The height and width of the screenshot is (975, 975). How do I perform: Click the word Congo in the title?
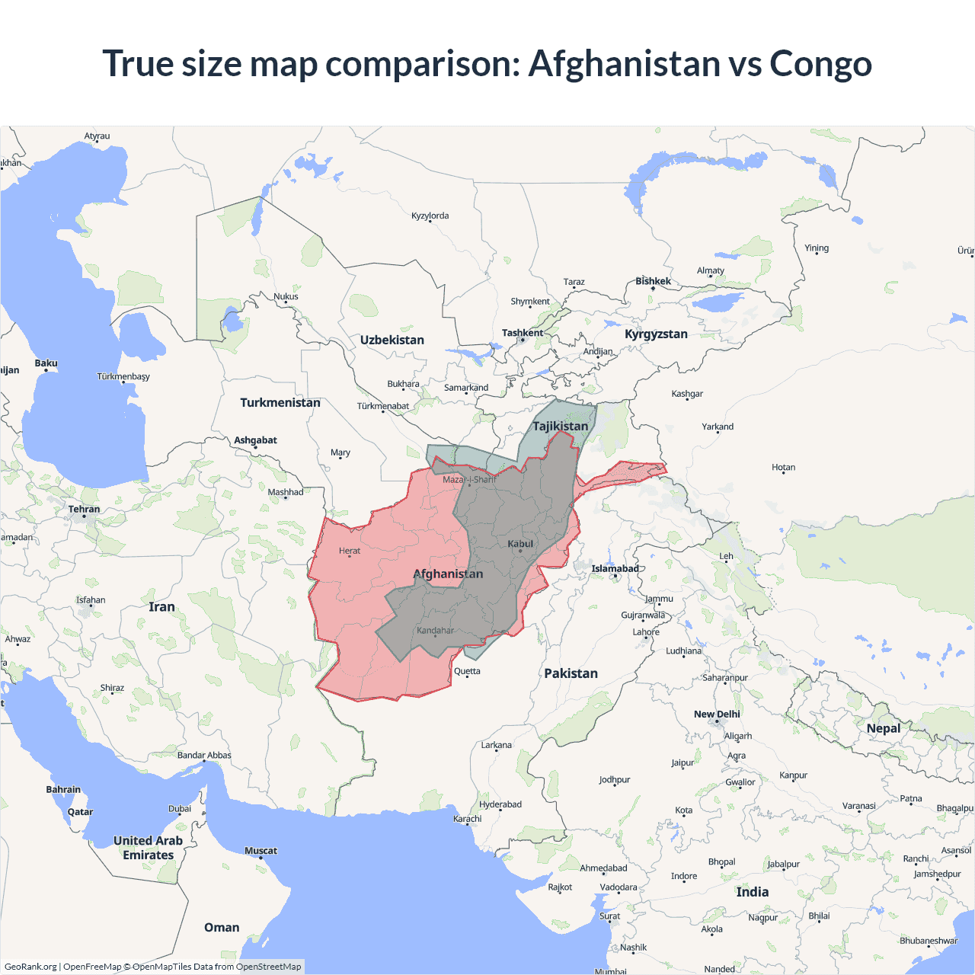[x=820, y=64]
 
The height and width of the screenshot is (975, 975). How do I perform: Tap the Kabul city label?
[x=520, y=544]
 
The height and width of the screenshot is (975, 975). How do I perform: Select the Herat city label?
[x=350, y=551]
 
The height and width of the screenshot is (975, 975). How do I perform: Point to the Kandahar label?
[x=435, y=631]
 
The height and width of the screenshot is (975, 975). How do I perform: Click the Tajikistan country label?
[x=560, y=427]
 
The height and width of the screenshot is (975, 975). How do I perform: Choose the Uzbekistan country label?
[x=392, y=340]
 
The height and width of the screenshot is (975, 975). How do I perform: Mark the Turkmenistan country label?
[x=280, y=403]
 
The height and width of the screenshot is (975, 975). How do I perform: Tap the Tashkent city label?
[x=523, y=333]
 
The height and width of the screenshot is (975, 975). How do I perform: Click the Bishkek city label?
[x=653, y=281]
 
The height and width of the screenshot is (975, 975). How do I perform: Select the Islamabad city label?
[x=615, y=568]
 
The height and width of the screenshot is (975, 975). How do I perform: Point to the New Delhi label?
[x=717, y=714]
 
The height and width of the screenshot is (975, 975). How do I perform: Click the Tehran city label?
[x=84, y=510]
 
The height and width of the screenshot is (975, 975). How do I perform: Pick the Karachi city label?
[x=468, y=819]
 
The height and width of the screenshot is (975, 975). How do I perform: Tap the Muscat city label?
[x=261, y=851]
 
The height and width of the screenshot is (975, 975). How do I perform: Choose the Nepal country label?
[x=883, y=729]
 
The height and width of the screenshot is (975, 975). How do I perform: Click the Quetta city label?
[x=467, y=671]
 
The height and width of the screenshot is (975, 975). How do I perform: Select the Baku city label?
[x=46, y=363]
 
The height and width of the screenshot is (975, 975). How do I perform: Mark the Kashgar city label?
[x=687, y=394]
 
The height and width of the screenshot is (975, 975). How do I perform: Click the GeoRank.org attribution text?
[x=30, y=967]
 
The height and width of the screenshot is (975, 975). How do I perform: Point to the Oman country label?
[x=222, y=928]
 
